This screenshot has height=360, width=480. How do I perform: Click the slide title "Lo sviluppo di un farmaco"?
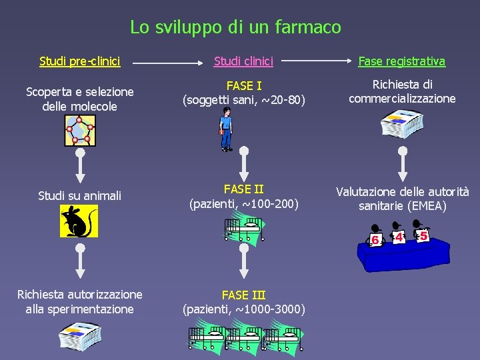[x=235, y=27]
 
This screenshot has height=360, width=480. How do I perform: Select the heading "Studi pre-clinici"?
[x=80, y=61]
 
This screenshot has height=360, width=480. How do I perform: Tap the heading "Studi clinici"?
[x=243, y=61]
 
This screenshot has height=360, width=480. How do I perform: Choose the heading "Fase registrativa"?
[x=401, y=61]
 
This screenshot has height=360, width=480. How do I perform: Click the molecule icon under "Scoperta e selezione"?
[x=81, y=131]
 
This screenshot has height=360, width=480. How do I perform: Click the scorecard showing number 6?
[x=376, y=237]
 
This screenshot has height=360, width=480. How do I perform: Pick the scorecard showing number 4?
[x=399, y=236]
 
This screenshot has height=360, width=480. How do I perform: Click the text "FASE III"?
[x=244, y=295]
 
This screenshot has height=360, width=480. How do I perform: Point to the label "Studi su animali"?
[x=80, y=195]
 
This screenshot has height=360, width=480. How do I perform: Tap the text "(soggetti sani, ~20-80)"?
[x=244, y=101]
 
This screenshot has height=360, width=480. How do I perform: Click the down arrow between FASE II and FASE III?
[x=244, y=261]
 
